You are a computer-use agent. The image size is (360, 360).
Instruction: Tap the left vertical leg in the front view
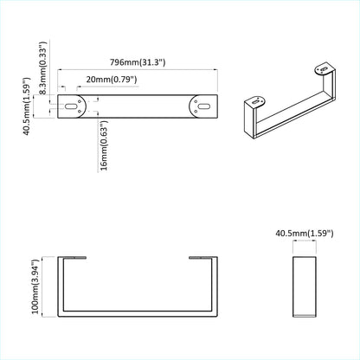click(x=62, y=286)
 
